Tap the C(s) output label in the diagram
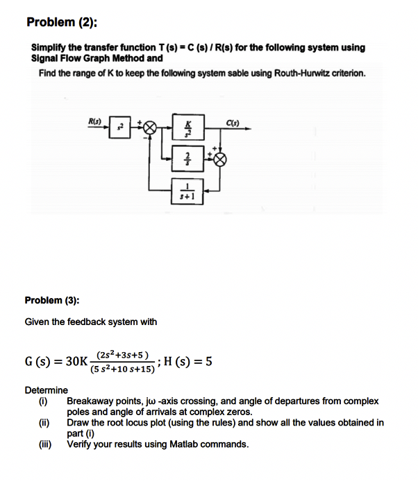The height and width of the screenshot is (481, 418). click(x=233, y=123)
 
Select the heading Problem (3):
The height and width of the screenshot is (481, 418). click(x=52, y=300)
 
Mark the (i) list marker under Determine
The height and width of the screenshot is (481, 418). click(x=44, y=401)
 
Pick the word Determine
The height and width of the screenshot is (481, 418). click(x=47, y=390)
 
